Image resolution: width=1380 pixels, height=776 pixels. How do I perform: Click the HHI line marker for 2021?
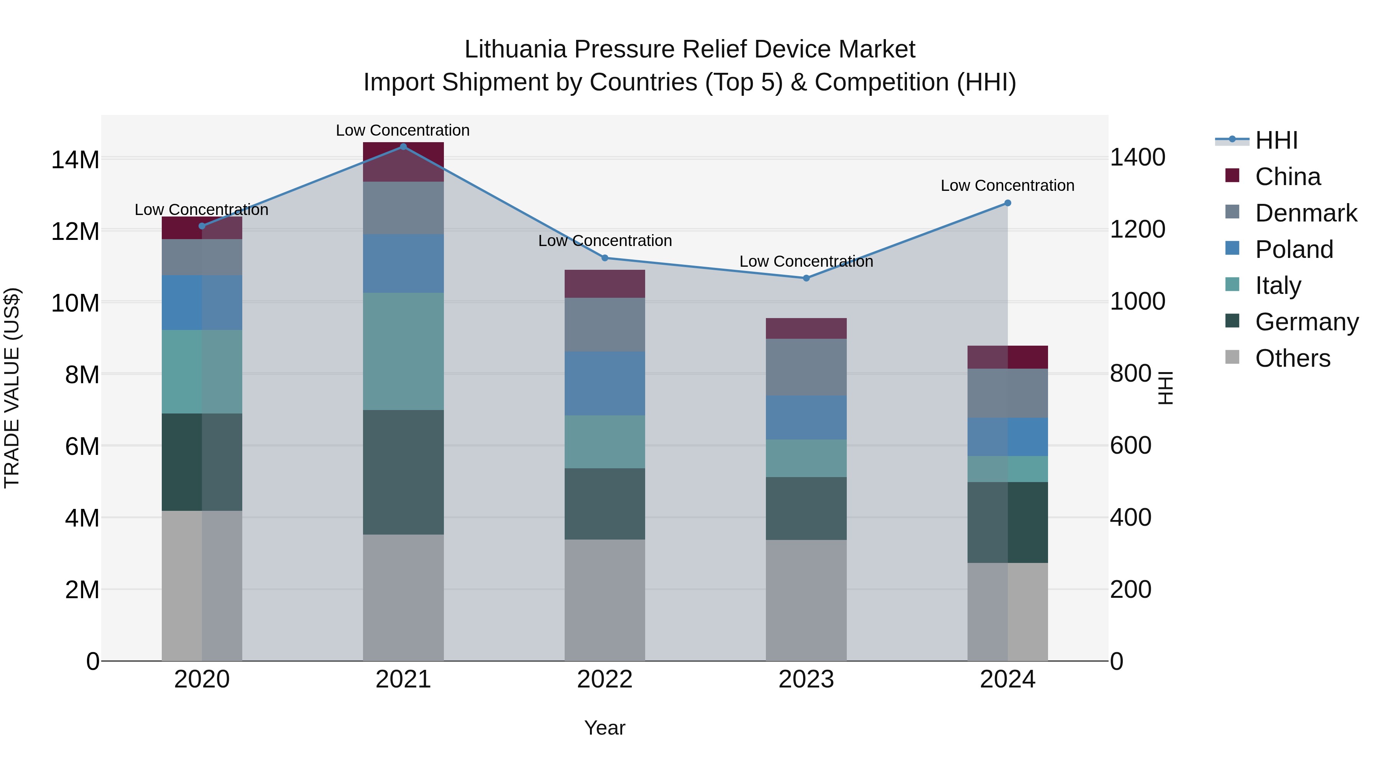(403, 147)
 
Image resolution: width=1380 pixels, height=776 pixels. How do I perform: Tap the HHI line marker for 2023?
(806, 278)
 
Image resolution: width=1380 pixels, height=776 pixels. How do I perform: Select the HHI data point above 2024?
(1008, 203)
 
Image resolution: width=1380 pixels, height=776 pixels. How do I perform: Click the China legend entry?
(1287, 177)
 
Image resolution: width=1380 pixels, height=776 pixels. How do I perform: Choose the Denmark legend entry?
(1306, 213)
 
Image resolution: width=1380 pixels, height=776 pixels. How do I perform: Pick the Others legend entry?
(1292, 358)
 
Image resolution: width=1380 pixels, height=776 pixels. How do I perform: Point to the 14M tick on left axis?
(75, 159)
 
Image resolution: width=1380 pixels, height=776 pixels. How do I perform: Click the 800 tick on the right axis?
(1130, 373)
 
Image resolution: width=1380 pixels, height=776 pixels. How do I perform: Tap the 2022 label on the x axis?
(605, 679)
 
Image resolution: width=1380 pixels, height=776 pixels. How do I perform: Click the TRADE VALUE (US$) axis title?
(12, 388)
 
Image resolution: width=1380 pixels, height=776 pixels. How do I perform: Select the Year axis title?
(605, 728)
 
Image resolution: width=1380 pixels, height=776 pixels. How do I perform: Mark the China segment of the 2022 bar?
(605, 284)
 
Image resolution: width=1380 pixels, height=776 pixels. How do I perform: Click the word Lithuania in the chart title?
(515, 49)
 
